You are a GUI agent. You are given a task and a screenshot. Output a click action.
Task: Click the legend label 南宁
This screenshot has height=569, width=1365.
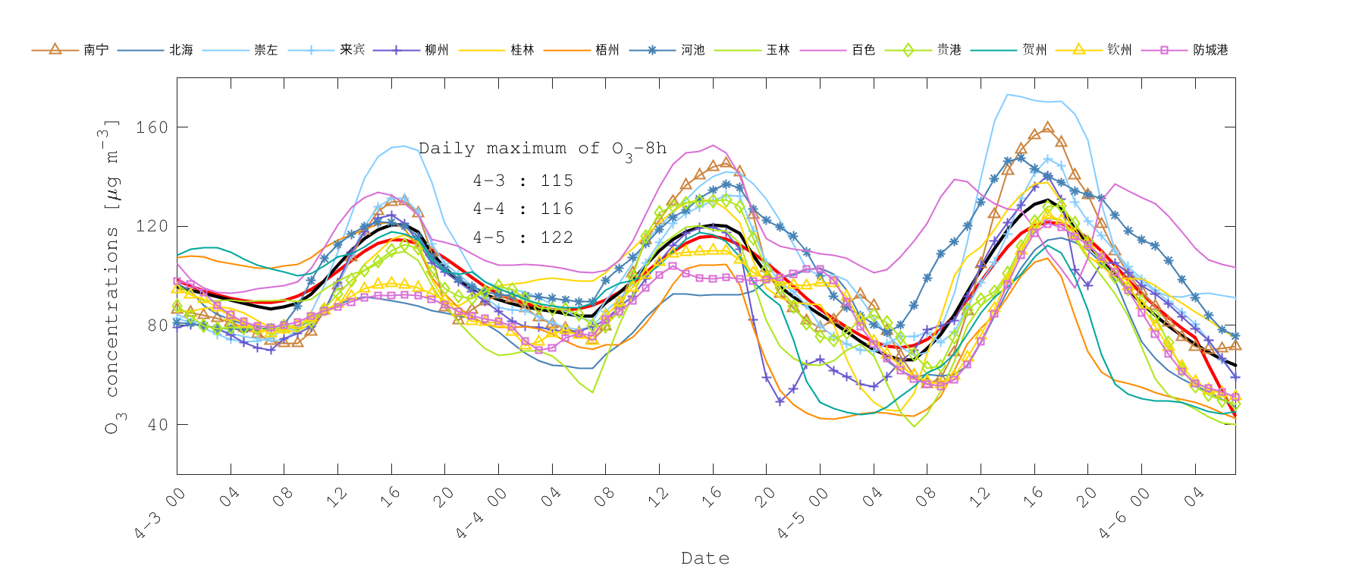[96, 50]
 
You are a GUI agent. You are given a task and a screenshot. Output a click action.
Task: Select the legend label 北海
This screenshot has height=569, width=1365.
[181, 50]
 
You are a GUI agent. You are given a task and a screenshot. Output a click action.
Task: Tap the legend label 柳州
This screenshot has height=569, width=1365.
[437, 50]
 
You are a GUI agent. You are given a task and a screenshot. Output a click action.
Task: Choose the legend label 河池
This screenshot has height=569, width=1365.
[693, 50]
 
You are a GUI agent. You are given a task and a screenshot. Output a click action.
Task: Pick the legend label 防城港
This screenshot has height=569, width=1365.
[1210, 50]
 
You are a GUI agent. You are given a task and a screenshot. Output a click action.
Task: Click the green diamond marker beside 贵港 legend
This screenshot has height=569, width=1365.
[908, 50]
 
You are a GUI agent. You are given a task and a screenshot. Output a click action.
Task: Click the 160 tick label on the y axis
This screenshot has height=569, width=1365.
[152, 127]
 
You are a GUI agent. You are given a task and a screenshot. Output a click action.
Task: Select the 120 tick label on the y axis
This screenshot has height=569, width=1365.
[152, 226]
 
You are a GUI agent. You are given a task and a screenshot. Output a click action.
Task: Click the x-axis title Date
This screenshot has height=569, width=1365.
[705, 558]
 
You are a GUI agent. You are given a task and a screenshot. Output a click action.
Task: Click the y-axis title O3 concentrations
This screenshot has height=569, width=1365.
[111, 277]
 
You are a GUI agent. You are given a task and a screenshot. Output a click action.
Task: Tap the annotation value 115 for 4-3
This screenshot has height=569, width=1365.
[557, 181]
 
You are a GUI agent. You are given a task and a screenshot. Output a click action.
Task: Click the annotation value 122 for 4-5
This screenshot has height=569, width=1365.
[557, 237]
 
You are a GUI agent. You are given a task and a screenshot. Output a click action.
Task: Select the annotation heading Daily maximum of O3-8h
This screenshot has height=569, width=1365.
[542, 149]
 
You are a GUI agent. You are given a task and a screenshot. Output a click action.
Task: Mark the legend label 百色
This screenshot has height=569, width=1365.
[864, 50]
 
